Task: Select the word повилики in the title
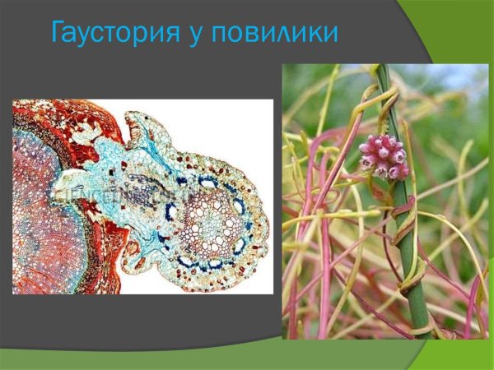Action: coord(275,34)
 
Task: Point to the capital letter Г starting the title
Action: coord(58,34)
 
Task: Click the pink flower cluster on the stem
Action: coord(383,157)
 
